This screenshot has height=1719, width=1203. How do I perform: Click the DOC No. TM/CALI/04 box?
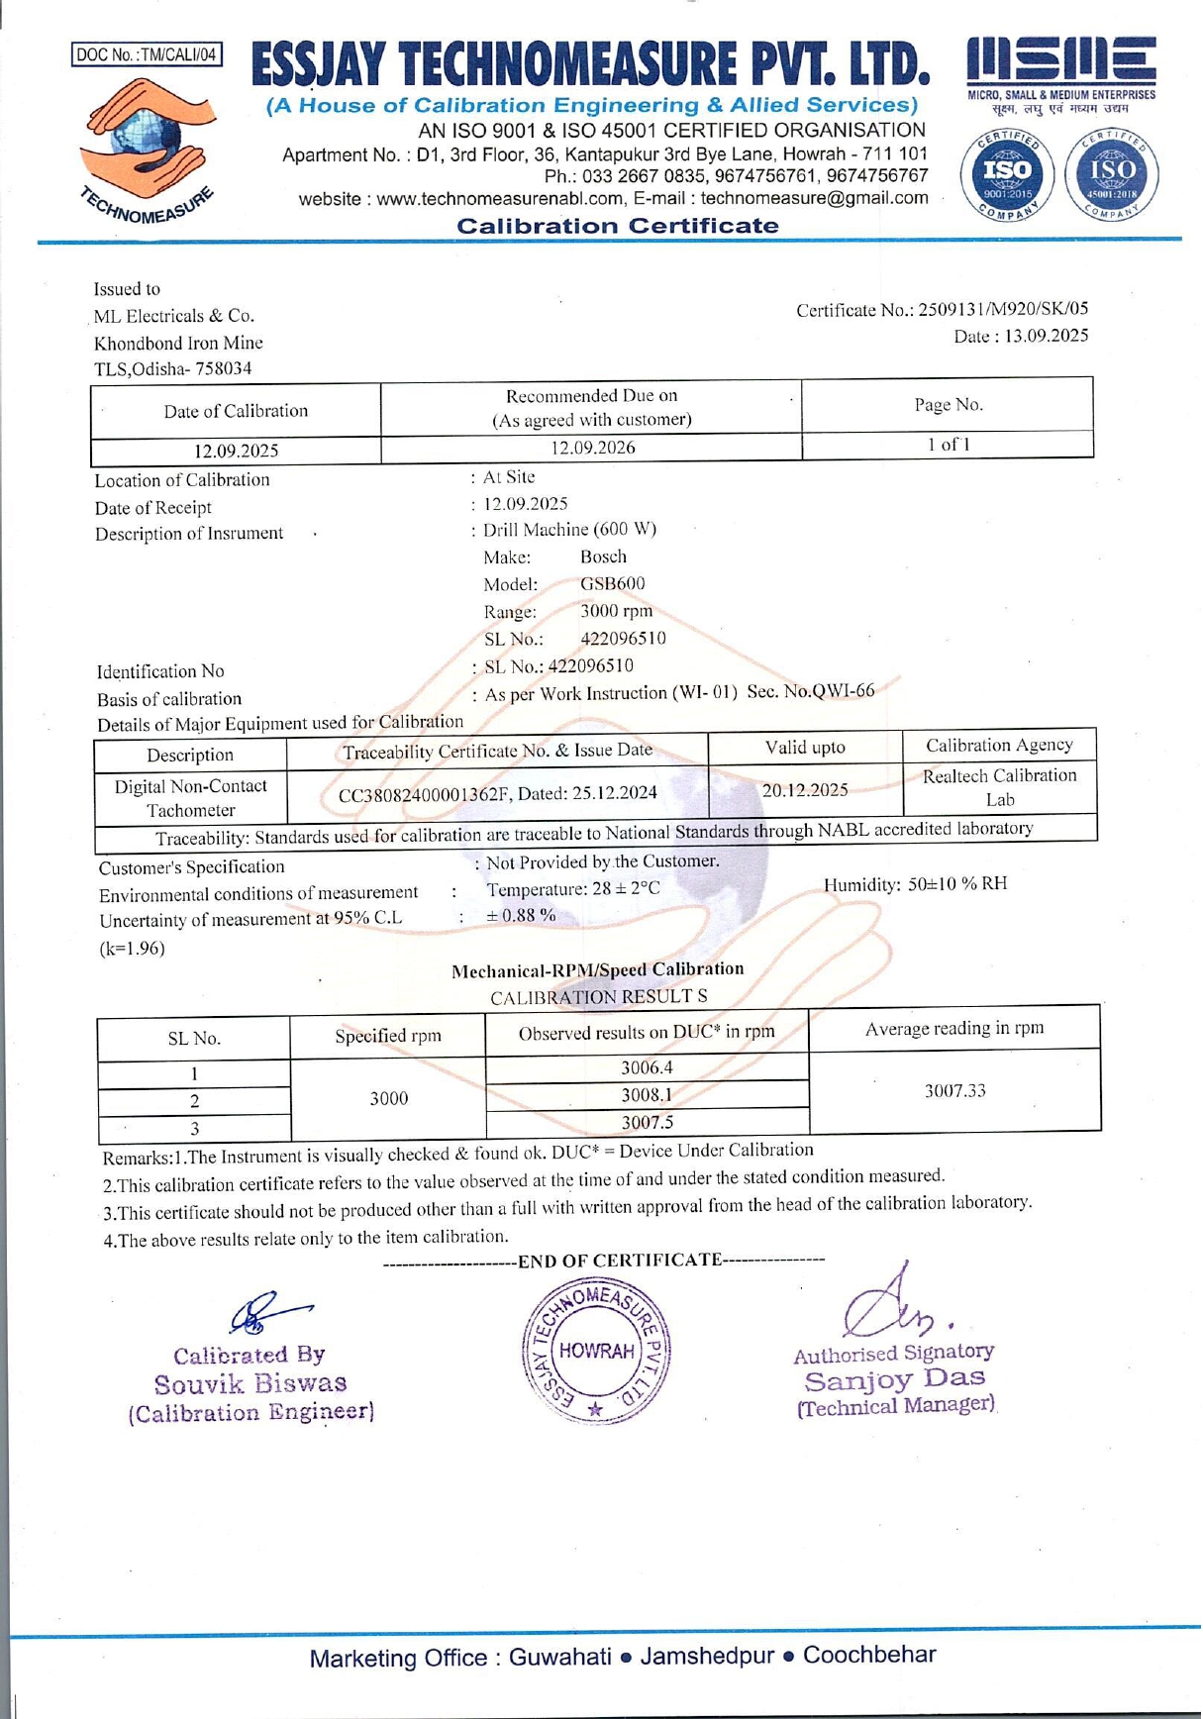147,54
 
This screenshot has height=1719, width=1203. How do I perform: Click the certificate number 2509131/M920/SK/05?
1003,309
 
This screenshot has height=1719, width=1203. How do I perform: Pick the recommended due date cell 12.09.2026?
592,448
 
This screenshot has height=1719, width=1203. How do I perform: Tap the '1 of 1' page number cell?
948,445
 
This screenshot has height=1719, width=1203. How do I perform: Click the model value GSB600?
612,584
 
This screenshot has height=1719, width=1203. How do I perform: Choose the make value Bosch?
603,556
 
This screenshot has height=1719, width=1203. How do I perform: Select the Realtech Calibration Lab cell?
999,787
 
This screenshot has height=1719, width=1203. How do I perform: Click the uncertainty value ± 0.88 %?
520,916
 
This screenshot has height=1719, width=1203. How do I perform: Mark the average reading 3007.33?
954,1091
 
